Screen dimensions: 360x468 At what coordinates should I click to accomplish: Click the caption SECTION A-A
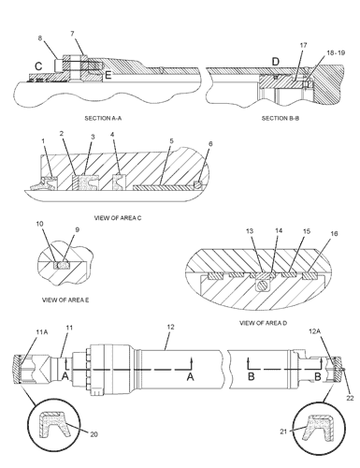coord(103,118)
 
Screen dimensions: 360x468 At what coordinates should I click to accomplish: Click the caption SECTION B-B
coord(281,118)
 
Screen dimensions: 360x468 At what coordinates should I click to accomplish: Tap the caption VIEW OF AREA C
coord(118,218)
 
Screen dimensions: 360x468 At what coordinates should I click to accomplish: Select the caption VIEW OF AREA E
coord(65,300)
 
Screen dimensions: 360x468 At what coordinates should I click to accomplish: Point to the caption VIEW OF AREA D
coord(263,323)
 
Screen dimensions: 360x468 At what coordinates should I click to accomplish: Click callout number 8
coord(40,38)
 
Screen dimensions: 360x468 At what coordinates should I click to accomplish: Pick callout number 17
coord(303,45)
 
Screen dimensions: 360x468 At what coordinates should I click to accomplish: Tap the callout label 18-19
coord(336,52)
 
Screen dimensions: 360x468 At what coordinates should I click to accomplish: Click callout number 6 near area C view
coord(210,144)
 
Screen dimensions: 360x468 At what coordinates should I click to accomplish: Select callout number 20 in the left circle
coord(94,434)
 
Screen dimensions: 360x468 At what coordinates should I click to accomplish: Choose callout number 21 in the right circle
coord(283,431)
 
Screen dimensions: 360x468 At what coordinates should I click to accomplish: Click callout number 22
coord(350,398)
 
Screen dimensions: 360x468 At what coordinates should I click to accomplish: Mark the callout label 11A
coord(42,332)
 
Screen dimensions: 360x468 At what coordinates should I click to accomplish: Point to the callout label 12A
coord(314,331)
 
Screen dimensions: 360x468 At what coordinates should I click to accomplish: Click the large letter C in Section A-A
coord(38,66)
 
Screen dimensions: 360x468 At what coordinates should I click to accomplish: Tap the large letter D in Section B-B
coord(276,62)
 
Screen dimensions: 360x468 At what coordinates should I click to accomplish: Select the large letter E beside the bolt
coord(108,75)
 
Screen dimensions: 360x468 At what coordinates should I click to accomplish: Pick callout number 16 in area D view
coord(334,233)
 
